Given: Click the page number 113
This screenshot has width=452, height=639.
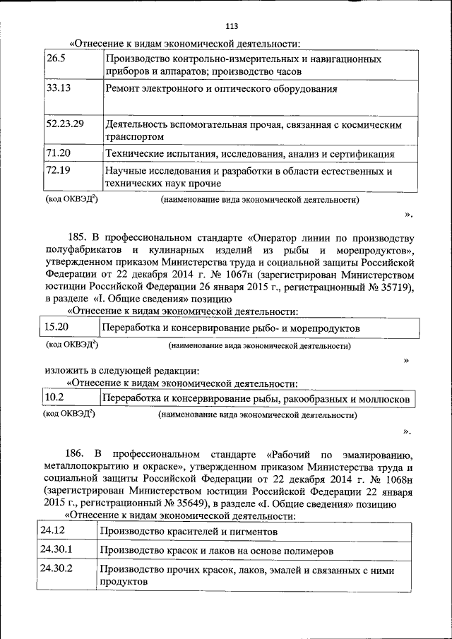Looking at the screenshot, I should tap(231, 27).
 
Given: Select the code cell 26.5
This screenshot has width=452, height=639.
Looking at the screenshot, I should tap(56, 59).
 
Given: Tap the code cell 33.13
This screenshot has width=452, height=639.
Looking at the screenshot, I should tap(59, 89).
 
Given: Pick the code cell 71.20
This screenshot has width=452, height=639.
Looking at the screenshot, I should tap(59, 153).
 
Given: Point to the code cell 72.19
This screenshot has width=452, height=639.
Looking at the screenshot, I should tap(59, 170).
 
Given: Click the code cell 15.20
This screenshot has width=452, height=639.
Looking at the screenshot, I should tap(56, 327).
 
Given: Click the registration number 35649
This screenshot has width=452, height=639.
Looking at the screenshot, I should tap(198, 503).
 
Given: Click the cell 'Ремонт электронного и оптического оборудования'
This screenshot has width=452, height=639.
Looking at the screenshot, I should tap(221, 90).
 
